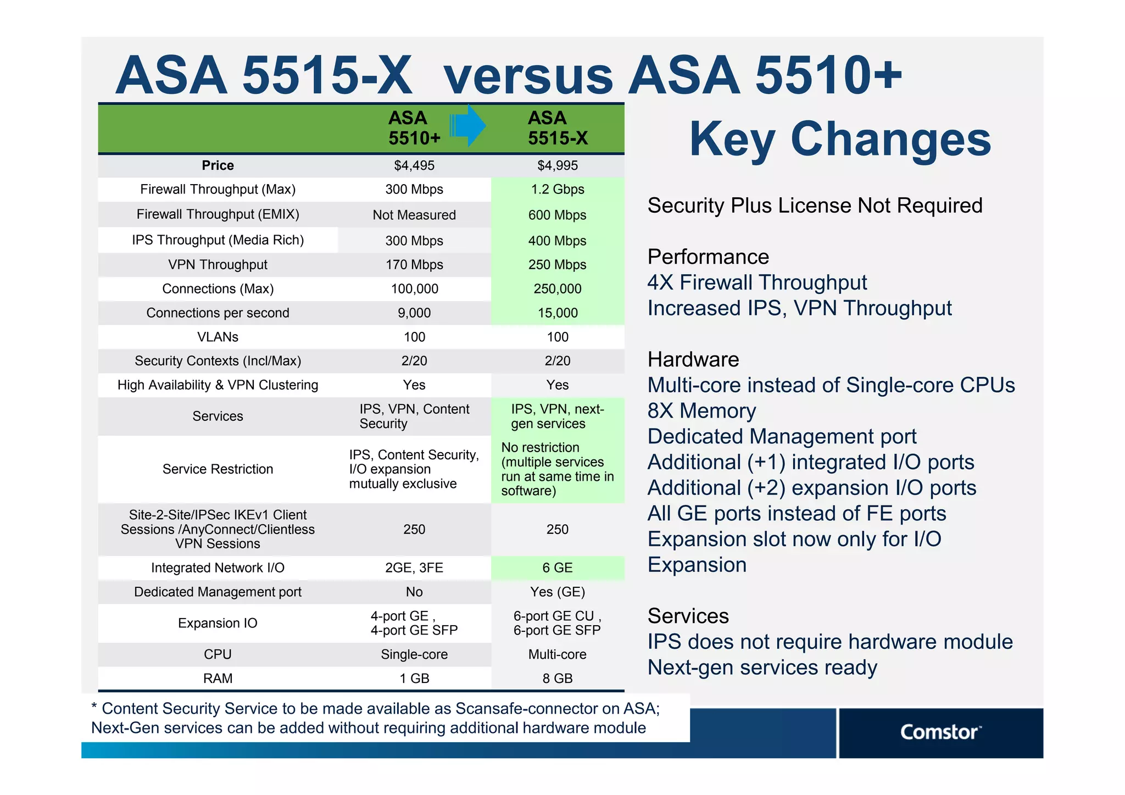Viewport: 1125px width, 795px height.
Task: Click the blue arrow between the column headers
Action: coord(467,126)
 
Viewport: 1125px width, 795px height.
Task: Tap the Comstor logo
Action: coord(940,732)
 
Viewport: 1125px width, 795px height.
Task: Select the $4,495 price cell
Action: coord(414,165)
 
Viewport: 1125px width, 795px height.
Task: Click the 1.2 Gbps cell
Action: coord(557,190)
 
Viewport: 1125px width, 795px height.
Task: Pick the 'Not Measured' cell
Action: coord(414,215)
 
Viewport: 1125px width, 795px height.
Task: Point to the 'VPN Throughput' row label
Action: coord(218,265)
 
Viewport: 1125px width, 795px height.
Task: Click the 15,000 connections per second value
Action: coord(557,313)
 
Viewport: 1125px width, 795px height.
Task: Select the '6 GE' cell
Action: coord(557,568)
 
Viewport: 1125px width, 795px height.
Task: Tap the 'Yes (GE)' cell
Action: coord(557,592)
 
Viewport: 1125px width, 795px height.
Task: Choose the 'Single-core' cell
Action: coord(414,654)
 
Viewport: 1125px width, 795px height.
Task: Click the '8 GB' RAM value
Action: coord(557,679)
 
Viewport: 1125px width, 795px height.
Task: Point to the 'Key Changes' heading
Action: coord(840,140)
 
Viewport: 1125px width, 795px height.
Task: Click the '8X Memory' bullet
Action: coord(701,411)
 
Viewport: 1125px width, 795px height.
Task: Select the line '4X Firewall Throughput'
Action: coord(756,282)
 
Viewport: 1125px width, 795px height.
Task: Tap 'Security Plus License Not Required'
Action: coord(815,205)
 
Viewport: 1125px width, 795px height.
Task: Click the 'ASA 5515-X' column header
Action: coord(557,128)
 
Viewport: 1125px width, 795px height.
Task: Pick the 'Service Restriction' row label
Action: coord(218,469)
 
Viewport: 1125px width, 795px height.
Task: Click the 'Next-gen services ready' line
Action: coord(762,668)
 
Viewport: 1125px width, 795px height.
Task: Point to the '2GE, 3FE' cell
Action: coord(414,568)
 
